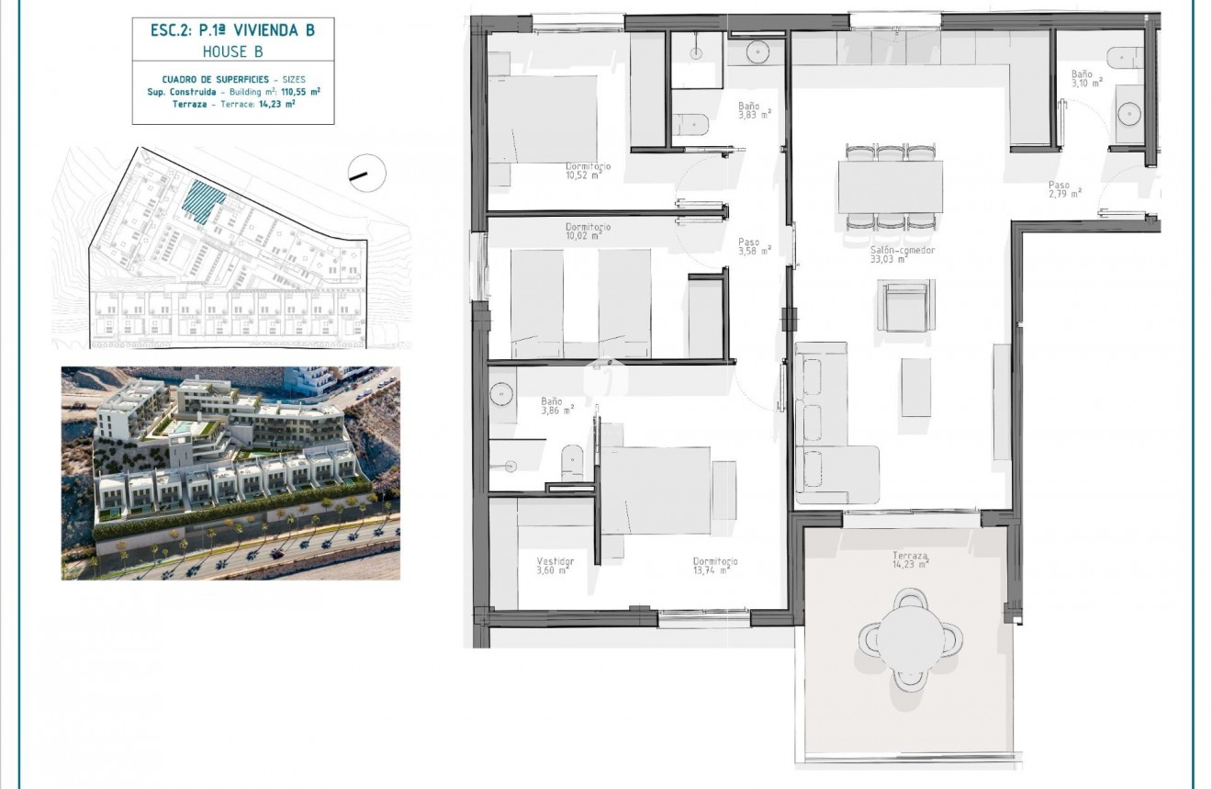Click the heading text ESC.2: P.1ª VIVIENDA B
(x=232, y=30)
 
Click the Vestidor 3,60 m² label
(x=555, y=565)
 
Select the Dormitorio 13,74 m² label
(x=715, y=565)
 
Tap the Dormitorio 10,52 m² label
(x=589, y=171)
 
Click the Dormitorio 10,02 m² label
(x=588, y=231)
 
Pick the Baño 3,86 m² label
(x=556, y=406)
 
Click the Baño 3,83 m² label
(x=754, y=110)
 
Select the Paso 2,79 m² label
(x=1064, y=188)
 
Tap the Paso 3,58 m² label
(x=754, y=246)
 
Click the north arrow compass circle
(x=367, y=173)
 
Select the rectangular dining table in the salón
(x=890, y=186)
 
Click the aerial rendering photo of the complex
(x=230, y=473)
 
